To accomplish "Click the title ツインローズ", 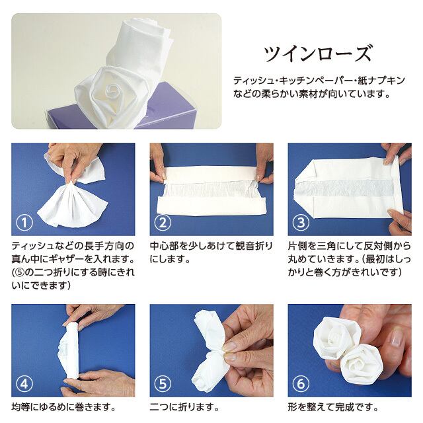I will click(318, 53).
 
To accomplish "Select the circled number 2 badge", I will click(163, 223).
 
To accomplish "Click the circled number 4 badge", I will click(25, 384).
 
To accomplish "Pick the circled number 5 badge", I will click(163, 384).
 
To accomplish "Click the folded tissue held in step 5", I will click(205, 347).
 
